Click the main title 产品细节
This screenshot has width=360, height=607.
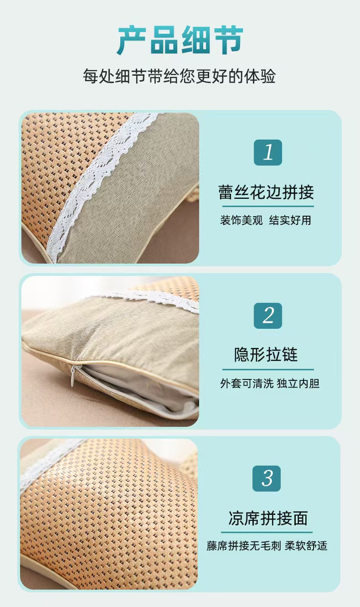click(x=180, y=41)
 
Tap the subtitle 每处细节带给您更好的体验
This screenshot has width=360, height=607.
click(x=179, y=76)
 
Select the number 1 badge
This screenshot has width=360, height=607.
click(x=268, y=153)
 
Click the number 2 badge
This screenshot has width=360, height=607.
click(x=268, y=316)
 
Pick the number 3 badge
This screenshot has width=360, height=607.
click(x=267, y=478)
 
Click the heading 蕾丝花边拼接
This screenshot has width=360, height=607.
click(x=266, y=192)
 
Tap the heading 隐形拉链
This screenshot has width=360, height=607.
click(x=266, y=354)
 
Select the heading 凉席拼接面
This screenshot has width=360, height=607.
click(x=268, y=518)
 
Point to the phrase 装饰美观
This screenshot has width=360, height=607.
click(x=241, y=220)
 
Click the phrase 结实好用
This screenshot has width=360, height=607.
click(x=290, y=220)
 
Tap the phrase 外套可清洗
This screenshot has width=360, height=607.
click(x=247, y=384)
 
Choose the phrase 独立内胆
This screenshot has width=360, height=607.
click(x=298, y=384)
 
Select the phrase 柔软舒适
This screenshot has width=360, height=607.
click(x=306, y=546)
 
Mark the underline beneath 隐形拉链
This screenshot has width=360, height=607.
click(x=268, y=369)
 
